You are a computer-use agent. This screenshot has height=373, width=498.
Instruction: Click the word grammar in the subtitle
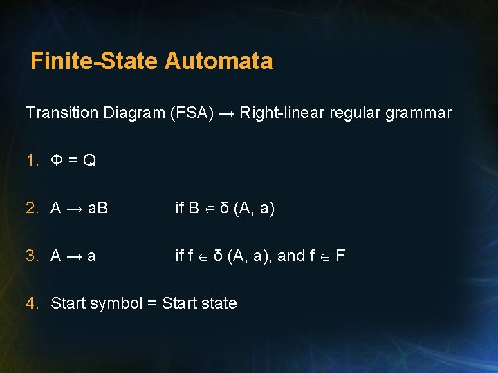tap(421, 113)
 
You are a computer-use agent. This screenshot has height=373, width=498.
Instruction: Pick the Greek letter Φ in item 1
tap(57, 161)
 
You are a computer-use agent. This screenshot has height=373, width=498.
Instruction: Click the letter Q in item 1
tap(89, 161)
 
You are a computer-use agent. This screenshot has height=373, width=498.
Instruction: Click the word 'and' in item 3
tap(290, 256)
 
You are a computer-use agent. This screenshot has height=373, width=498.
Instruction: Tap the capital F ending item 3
tap(340, 256)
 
